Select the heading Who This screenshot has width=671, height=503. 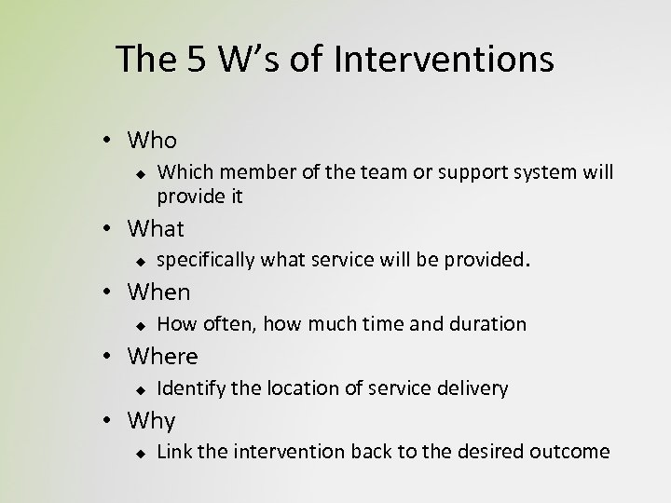pyautogui.click(x=153, y=141)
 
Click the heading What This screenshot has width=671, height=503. pyautogui.click(x=157, y=228)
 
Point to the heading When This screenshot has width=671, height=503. pyautogui.click(x=159, y=292)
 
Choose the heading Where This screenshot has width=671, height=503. pyautogui.click(x=163, y=357)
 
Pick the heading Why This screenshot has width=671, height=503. pyautogui.click(x=152, y=421)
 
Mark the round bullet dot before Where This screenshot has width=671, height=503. pyautogui.click(x=109, y=358)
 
